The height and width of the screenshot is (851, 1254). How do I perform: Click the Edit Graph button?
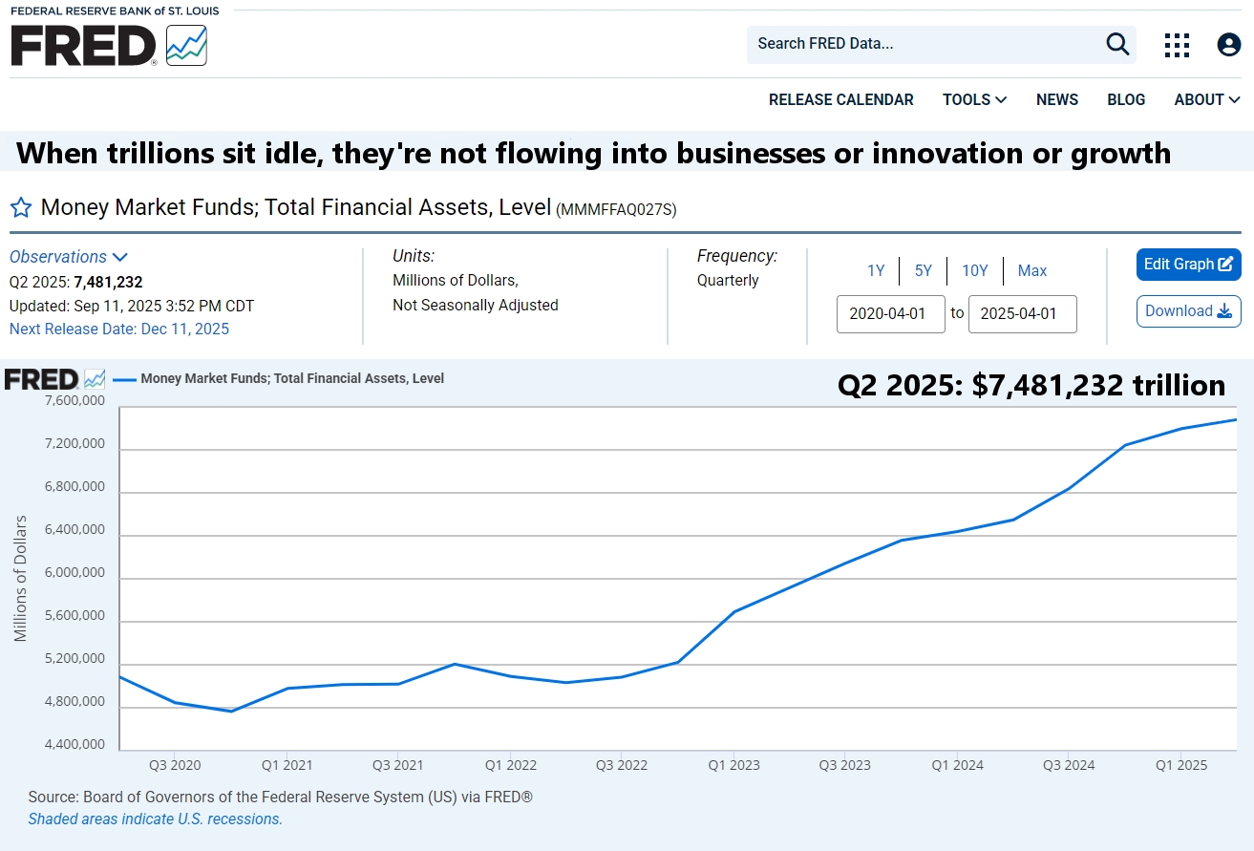pyautogui.click(x=1188, y=265)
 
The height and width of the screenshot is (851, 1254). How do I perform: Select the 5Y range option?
pyautogui.click(x=923, y=271)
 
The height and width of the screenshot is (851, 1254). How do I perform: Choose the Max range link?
pyautogui.click(x=1031, y=271)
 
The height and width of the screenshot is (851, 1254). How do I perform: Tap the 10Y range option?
pyautogui.click(x=974, y=271)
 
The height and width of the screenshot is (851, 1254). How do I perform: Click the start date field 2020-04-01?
pyautogui.click(x=890, y=314)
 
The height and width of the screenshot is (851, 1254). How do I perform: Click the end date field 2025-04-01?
pyautogui.click(x=1022, y=314)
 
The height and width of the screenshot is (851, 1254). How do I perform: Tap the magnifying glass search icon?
pyautogui.click(x=1117, y=44)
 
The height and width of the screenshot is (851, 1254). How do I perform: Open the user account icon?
pyautogui.click(x=1228, y=45)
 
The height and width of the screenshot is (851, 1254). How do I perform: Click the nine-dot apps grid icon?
pyautogui.click(x=1177, y=45)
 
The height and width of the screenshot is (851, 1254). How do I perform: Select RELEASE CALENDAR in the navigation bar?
pyautogui.click(x=840, y=100)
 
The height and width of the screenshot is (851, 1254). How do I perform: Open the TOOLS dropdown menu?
pyautogui.click(x=974, y=100)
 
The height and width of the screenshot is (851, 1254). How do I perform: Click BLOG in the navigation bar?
pyautogui.click(x=1126, y=100)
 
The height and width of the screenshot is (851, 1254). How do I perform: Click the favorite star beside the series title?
pyautogui.click(x=21, y=208)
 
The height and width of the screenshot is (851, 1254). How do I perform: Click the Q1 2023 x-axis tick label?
pyautogui.click(x=733, y=765)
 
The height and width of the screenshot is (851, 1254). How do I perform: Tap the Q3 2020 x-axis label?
pyautogui.click(x=175, y=765)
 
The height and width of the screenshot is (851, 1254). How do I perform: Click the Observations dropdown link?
pyautogui.click(x=68, y=257)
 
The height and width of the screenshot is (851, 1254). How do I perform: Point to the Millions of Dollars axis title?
pyautogui.click(x=21, y=579)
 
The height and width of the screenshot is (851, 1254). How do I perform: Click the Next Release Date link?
pyautogui.click(x=118, y=330)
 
